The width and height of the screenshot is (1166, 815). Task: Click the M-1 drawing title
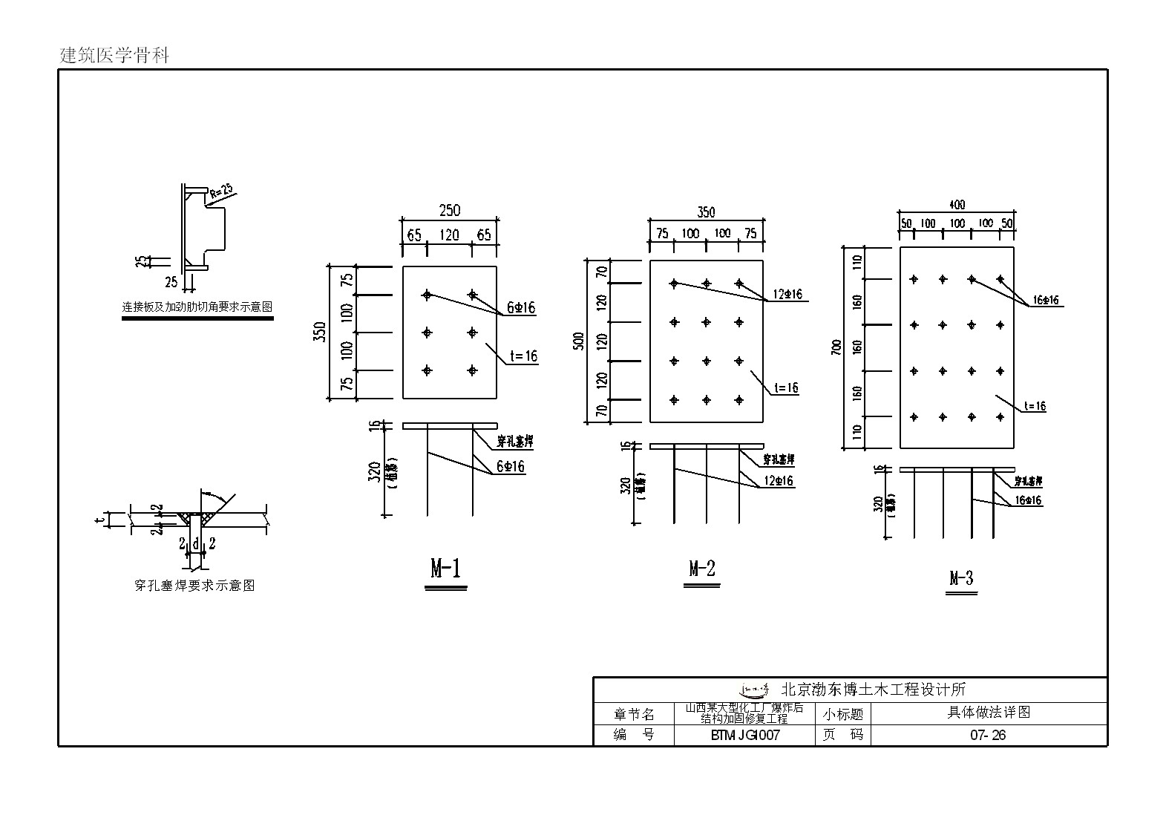click(x=446, y=569)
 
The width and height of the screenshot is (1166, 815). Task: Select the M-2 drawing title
click(x=701, y=569)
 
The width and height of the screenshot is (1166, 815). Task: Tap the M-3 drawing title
click(x=961, y=578)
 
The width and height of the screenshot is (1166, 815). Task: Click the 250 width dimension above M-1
click(x=450, y=211)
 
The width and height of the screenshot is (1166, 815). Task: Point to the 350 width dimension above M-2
click(x=707, y=212)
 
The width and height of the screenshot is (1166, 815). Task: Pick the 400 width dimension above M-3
click(x=957, y=204)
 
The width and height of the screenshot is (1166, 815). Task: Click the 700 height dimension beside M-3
click(x=836, y=348)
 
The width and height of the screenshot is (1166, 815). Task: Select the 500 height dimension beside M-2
click(x=580, y=341)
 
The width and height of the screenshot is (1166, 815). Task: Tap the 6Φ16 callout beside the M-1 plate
click(x=520, y=307)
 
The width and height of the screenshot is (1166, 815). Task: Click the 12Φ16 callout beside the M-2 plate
click(x=787, y=294)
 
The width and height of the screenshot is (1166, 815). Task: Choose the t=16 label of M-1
click(x=523, y=356)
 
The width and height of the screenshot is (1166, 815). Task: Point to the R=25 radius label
click(x=220, y=194)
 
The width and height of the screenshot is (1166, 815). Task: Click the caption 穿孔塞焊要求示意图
click(x=194, y=586)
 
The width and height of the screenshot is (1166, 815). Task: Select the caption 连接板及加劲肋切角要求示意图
click(x=197, y=307)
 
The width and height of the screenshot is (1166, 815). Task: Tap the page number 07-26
click(x=988, y=736)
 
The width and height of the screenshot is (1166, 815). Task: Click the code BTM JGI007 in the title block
click(x=745, y=736)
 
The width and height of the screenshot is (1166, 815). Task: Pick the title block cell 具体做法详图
click(x=989, y=713)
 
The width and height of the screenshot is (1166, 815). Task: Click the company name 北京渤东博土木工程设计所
click(x=873, y=690)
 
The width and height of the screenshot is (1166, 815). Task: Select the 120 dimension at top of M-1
click(x=450, y=235)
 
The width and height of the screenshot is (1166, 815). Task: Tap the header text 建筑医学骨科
click(x=114, y=55)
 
